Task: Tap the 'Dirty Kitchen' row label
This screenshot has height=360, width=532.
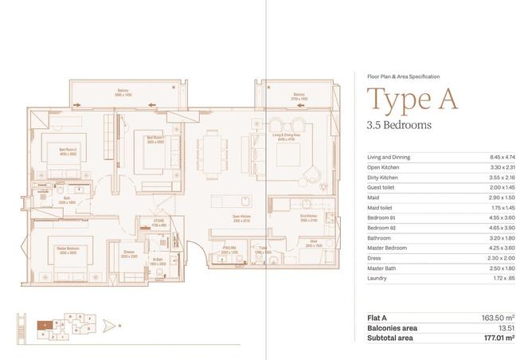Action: click(x=382, y=178)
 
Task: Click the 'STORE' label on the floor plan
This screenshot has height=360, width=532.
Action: click(x=158, y=224)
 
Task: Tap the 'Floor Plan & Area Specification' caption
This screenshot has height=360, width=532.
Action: click(x=402, y=76)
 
